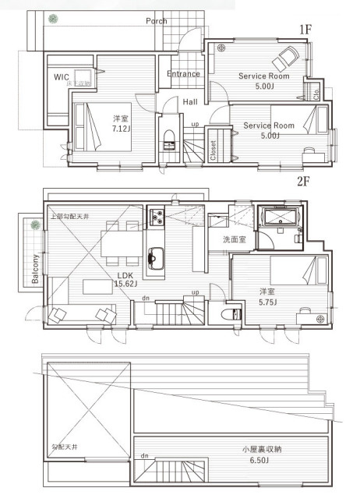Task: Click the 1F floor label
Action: pos(305,29)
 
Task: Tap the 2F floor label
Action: pos(304,181)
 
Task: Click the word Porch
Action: pos(157,21)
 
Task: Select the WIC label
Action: pos(62,76)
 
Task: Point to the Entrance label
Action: pos(184,74)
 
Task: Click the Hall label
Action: pos(190,101)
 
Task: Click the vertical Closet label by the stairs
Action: pos(214,149)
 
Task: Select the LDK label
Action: pos(125,275)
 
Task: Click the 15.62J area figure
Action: pos(125,285)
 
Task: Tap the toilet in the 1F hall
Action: pos(169,140)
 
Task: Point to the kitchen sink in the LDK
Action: pos(154,256)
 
